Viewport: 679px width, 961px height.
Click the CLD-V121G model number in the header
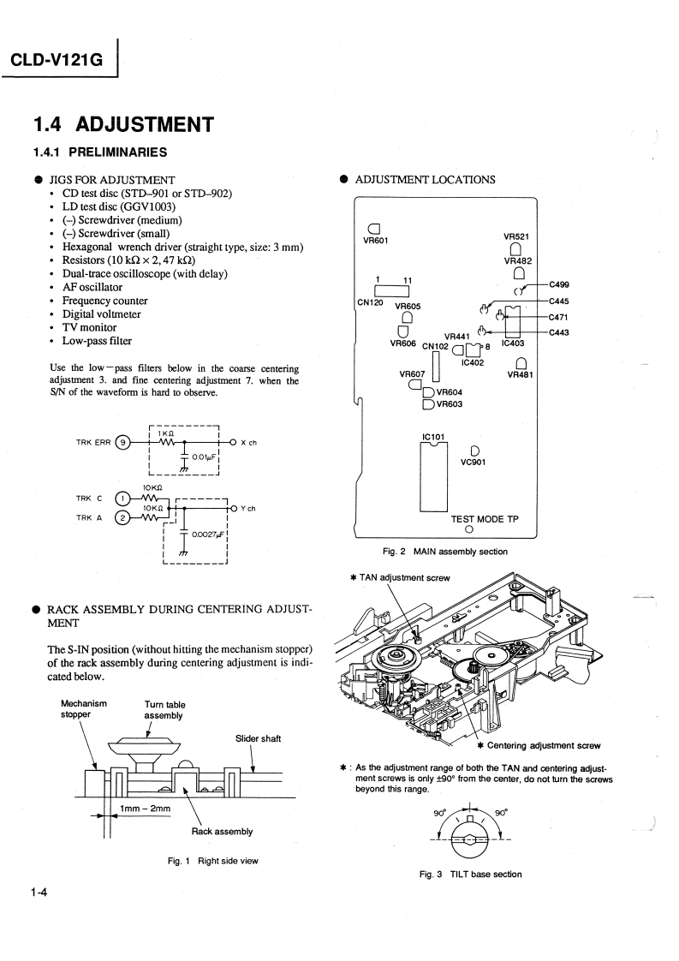[56, 61]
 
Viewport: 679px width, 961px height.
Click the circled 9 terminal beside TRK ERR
[123, 443]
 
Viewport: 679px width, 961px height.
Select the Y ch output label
[248, 508]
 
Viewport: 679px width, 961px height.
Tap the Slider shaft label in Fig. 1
[258, 738]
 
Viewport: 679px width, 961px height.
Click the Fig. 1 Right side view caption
[212, 861]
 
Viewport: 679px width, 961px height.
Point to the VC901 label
[473, 463]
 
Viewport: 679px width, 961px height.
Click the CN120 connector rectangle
[387, 289]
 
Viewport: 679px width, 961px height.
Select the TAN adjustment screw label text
[403, 577]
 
